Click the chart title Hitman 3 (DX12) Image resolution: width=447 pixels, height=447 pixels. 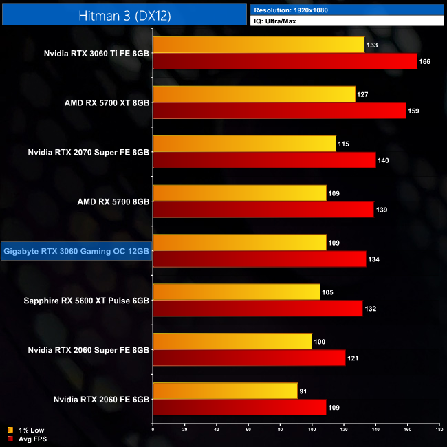click(124, 14)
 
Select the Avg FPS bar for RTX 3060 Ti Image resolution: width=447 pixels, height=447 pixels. click(285, 61)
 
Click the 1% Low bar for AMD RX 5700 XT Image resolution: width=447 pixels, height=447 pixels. click(254, 94)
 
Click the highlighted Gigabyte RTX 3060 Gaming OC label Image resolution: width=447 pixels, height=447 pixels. click(76, 251)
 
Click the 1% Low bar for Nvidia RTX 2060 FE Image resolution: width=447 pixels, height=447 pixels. click(225, 391)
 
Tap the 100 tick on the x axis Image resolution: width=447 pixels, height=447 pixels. click(312, 430)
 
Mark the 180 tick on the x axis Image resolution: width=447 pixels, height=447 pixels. click(439, 430)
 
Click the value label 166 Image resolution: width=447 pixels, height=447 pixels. click(426, 62)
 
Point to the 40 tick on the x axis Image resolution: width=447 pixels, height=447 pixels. click(216, 430)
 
